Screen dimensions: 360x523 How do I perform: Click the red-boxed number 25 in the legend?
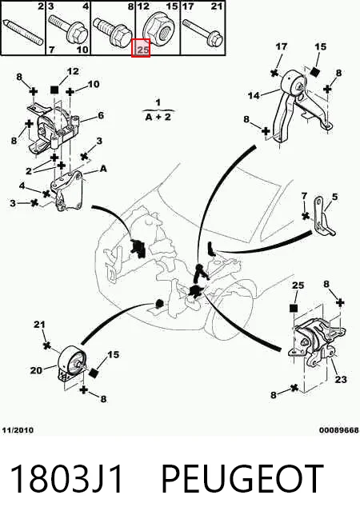click(142, 50)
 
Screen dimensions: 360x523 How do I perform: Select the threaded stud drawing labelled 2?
click(23, 32)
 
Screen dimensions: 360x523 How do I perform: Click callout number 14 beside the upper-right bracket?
click(254, 96)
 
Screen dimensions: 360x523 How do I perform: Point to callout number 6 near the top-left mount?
click(101, 115)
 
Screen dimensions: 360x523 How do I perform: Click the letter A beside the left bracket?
click(103, 169)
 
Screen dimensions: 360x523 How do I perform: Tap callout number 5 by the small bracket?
click(334, 198)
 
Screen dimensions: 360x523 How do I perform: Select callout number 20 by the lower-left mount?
click(36, 370)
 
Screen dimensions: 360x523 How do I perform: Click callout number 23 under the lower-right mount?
click(341, 379)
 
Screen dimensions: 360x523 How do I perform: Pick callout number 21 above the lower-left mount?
click(39, 324)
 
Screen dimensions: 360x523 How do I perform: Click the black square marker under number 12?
click(54, 90)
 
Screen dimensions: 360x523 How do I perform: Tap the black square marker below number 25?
click(294, 308)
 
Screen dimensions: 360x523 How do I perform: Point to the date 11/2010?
click(18, 430)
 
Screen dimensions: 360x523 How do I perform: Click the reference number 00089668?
click(339, 430)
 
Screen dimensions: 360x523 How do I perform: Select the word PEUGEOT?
click(242, 479)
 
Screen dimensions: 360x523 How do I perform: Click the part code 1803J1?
click(66, 479)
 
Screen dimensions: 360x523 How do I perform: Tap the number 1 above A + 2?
click(158, 102)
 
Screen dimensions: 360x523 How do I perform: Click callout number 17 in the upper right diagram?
click(282, 46)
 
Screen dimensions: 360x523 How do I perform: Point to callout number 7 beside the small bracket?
click(304, 196)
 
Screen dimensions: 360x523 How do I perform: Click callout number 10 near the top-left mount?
click(94, 84)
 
